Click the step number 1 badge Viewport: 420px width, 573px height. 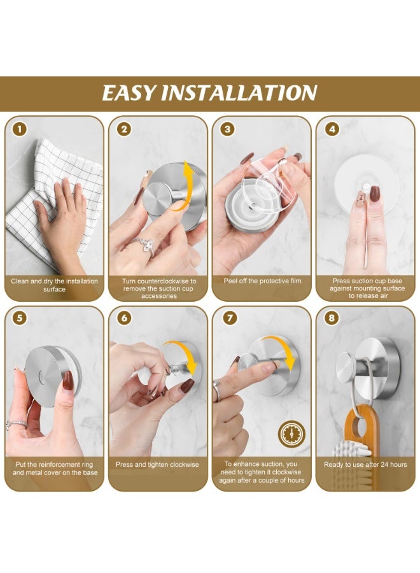[x=20, y=129]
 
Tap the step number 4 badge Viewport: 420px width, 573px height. [x=331, y=129]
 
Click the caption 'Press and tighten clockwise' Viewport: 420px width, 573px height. [x=157, y=465]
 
